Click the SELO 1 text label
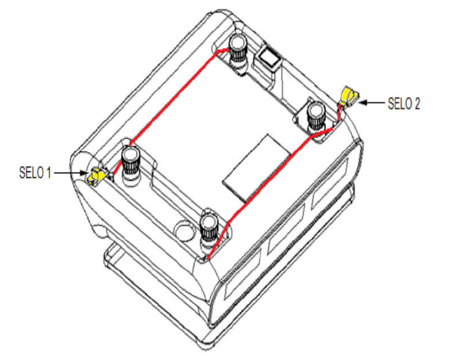[x=35, y=173]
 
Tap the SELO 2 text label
[x=403, y=104]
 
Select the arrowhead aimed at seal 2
[x=363, y=102]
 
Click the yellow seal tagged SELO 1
[x=97, y=175]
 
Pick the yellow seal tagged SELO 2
[x=349, y=95]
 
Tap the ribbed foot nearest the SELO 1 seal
[x=131, y=164]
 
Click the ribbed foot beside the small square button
[x=238, y=52]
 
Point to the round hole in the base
[x=185, y=231]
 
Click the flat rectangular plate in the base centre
[x=257, y=168]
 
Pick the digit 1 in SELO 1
[x=48, y=173]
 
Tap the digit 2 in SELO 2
[x=417, y=104]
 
